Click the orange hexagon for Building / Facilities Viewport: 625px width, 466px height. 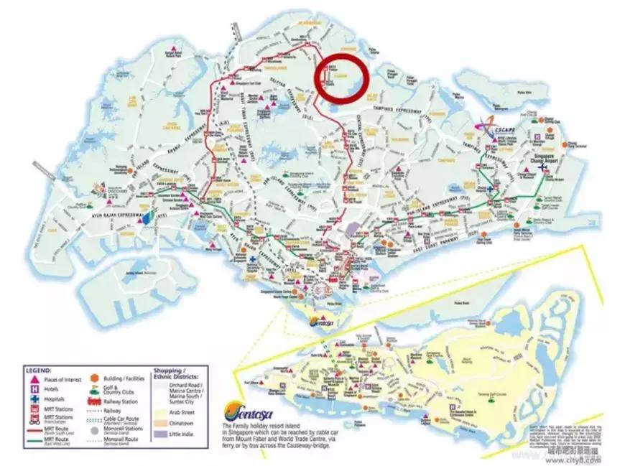pyautogui.click(x=95, y=378)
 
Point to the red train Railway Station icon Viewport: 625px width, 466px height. pyautogui.click(x=95, y=403)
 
